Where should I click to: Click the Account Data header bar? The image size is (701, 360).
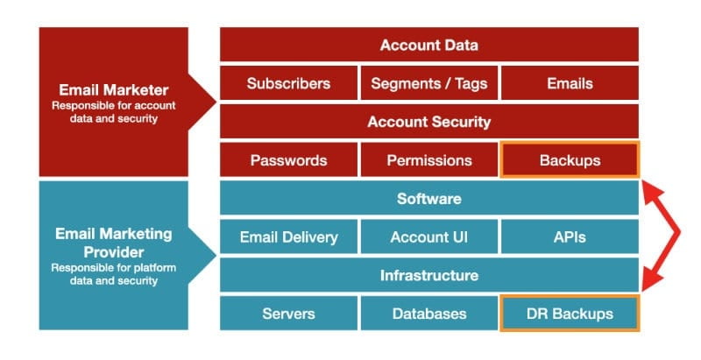click(428, 46)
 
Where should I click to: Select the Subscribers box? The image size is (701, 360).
click(288, 84)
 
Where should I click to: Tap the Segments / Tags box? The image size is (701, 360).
click(428, 84)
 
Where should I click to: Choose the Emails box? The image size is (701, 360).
click(569, 84)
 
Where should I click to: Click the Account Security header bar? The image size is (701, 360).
click(428, 122)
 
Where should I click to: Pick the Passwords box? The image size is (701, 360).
click(288, 160)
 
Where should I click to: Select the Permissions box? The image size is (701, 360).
click(428, 160)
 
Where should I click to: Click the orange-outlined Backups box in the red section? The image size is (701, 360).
click(570, 160)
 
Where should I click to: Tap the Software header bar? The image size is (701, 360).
click(428, 199)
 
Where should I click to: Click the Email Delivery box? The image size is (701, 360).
click(288, 236)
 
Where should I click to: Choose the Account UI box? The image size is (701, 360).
click(428, 236)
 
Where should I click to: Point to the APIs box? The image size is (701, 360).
click(569, 236)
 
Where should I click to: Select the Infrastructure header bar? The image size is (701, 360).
click(428, 275)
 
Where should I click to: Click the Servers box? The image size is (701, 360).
click(288, 313)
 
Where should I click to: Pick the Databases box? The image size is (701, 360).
click(428, 313)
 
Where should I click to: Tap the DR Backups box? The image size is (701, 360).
click(570, 313)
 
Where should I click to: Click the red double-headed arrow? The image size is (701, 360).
click(675, 234)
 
